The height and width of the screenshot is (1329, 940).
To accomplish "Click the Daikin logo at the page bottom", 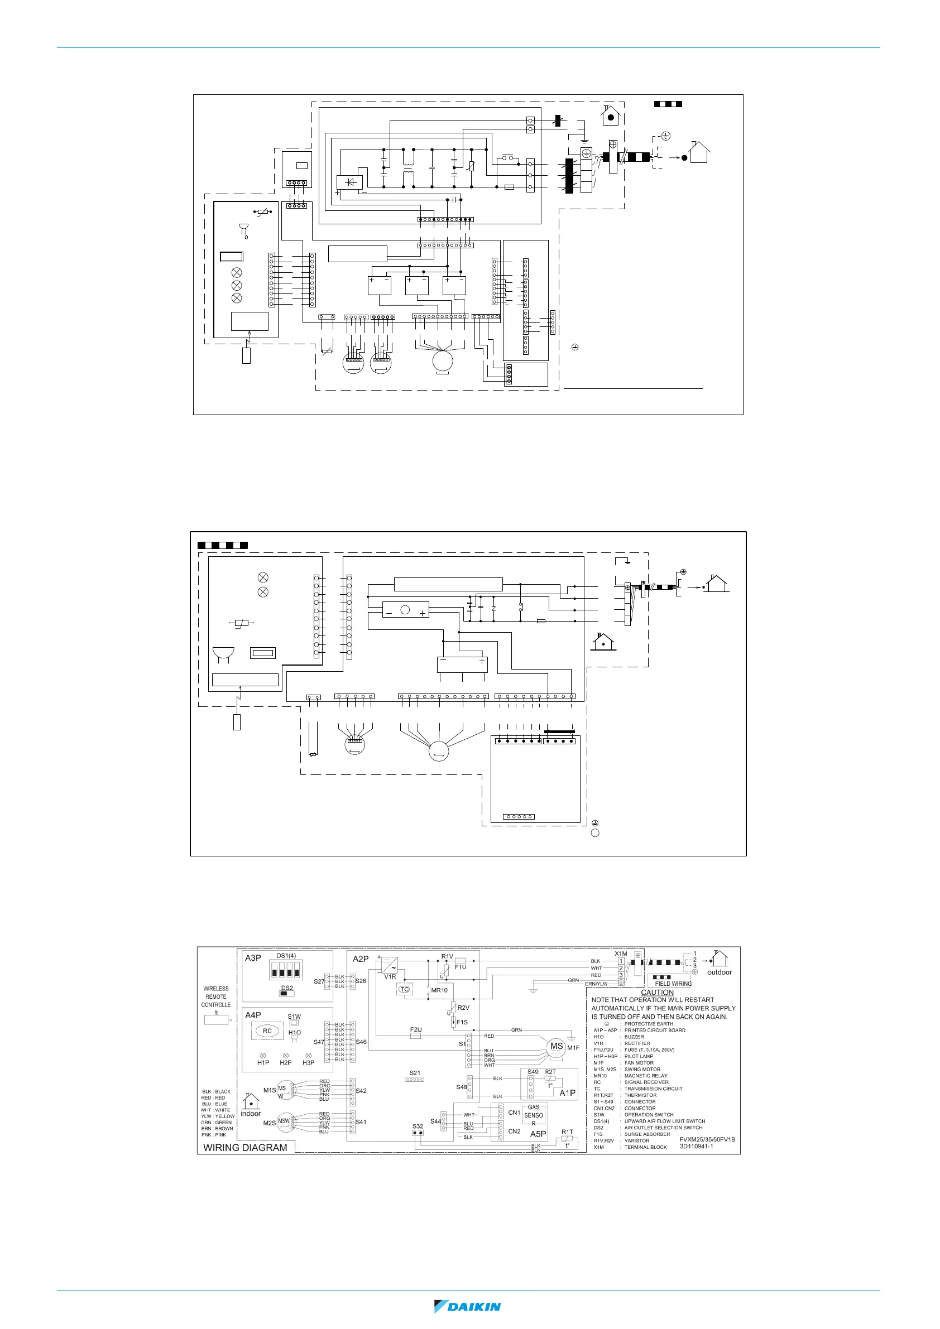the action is (x=467, y=1307).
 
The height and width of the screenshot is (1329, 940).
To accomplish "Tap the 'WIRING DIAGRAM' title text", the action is (x=245, y=1147).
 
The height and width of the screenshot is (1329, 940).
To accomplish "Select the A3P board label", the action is (x=253, y=958).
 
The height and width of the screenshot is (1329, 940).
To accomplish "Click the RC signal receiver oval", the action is (x=267, y=1031).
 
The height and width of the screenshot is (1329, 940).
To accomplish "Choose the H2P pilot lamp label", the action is (x=286, y=1063).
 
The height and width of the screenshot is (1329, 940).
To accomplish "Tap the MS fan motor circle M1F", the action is (x=557, y=1046).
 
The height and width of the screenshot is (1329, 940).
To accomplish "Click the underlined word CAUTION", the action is (x=657, y=992).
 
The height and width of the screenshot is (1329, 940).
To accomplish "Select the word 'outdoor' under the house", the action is (x=720, y=972).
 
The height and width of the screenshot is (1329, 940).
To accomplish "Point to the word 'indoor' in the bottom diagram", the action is (x=251, y=1113).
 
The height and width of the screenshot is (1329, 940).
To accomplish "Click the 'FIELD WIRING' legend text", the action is (x=673, y=984).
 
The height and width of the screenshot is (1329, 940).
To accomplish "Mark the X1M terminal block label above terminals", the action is (x=621, y=954).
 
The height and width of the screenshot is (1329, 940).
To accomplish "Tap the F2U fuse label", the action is (x=416, y=1030).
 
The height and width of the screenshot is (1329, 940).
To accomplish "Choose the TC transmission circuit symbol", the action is (x=404, y=989).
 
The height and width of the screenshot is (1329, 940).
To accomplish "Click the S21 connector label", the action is (x=415, y=1073).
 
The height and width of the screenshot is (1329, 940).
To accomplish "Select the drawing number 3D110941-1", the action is (x=696, y=1146).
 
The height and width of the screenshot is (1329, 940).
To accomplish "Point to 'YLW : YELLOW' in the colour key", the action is (x=218, y=1116).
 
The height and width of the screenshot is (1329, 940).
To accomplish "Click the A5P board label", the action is (x=538, y=1134).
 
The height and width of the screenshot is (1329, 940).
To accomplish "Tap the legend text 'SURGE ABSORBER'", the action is (x=647, y=1134).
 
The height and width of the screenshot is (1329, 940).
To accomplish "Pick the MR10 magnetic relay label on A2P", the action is (x=440, y=990).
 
